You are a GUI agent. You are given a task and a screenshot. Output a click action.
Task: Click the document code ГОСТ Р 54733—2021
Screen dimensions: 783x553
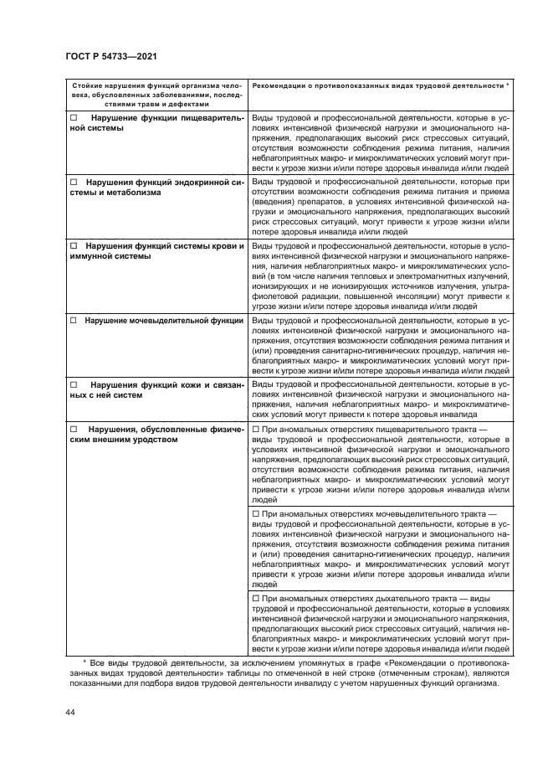pyautogui.click(x=111, y=56)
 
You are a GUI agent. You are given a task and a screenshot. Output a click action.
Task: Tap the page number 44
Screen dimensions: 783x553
pyautogui.click(x=69, y=712)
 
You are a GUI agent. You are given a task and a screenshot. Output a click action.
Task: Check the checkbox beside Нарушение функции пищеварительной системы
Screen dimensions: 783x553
pyautogui.click(x=73, y=119)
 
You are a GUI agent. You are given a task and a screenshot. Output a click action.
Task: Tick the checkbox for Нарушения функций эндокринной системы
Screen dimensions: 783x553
pyautogui.click(x=73, y=182)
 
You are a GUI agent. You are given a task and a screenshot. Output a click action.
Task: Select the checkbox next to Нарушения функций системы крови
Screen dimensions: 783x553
pyautogui.click(x=73, y=246)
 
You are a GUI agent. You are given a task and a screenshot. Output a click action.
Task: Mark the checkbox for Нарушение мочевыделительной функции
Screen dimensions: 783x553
pyautogui.click(x=73, y=320)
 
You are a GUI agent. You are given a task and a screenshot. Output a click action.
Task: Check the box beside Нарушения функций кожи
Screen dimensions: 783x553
pyautogui.click(x=73, y=384)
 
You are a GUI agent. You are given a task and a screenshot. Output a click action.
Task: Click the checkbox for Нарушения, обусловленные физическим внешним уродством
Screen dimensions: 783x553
pyautogui.click(x=73, y=427)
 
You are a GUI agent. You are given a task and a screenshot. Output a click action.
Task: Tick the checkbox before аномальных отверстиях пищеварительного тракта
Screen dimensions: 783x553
pyautogui.click(x=256, y=428)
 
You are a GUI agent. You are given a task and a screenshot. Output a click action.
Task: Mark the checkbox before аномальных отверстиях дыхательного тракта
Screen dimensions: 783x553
pyautogui.click(x=256, y=598)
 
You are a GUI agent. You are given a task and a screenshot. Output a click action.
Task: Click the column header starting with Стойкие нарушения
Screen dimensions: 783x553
pyautogui.click(x=156, y=95)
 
